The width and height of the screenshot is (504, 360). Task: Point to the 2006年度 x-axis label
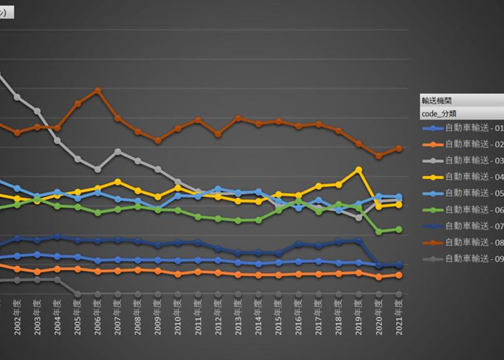tap(98, 317)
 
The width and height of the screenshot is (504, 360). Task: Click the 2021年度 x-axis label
tap(399, 317)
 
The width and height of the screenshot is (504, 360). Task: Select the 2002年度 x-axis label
tap(18, 317)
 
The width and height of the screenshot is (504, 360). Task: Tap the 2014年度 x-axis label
tap(258, 317)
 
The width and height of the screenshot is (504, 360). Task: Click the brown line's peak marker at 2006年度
tap(98, 90)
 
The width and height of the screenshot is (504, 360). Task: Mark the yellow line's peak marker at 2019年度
tap(359, 170)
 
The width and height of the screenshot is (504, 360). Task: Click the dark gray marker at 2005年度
tap(78, 294)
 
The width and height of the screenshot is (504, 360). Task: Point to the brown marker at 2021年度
tap(399, 148)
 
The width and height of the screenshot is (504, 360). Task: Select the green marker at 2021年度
tap(399, 229)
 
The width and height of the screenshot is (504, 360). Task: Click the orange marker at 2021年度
tap(399, 275)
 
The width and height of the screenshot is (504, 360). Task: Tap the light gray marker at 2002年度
tap(18, 97)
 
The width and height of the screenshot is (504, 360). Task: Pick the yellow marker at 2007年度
tap(118, 182)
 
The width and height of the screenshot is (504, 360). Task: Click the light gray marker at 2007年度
tap(118, 151)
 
